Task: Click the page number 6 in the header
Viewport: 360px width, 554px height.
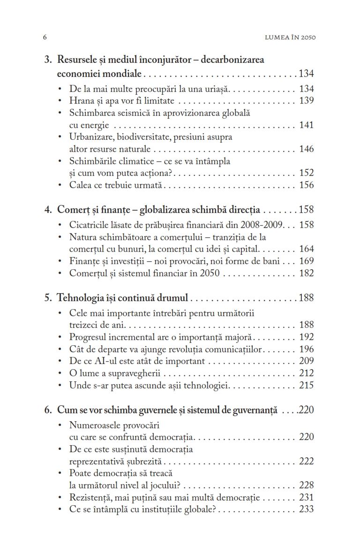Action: (x=45, y=37)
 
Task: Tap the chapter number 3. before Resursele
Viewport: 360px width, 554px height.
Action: (x=48, y=60)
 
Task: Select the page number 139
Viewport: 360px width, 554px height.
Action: (x=306, y=101)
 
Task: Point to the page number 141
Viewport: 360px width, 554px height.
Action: (x=306, y=125)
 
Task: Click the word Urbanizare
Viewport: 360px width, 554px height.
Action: (x=90, y=137)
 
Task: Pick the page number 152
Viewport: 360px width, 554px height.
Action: (x=306, y=173)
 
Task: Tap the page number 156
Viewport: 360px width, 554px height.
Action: (x=306, y=185)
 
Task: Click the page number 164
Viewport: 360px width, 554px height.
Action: (x=306, y=249)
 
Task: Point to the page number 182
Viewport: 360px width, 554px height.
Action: (x=306, y=273)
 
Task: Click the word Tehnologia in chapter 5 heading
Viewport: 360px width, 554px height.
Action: (x=79, y=298)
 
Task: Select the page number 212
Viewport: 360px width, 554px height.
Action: (x=306, y=373)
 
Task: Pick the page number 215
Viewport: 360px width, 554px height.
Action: (x=306, y=386)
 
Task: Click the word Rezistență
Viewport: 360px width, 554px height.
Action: (x=90, y=497)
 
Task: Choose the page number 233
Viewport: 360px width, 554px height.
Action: (x=306, y=509)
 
